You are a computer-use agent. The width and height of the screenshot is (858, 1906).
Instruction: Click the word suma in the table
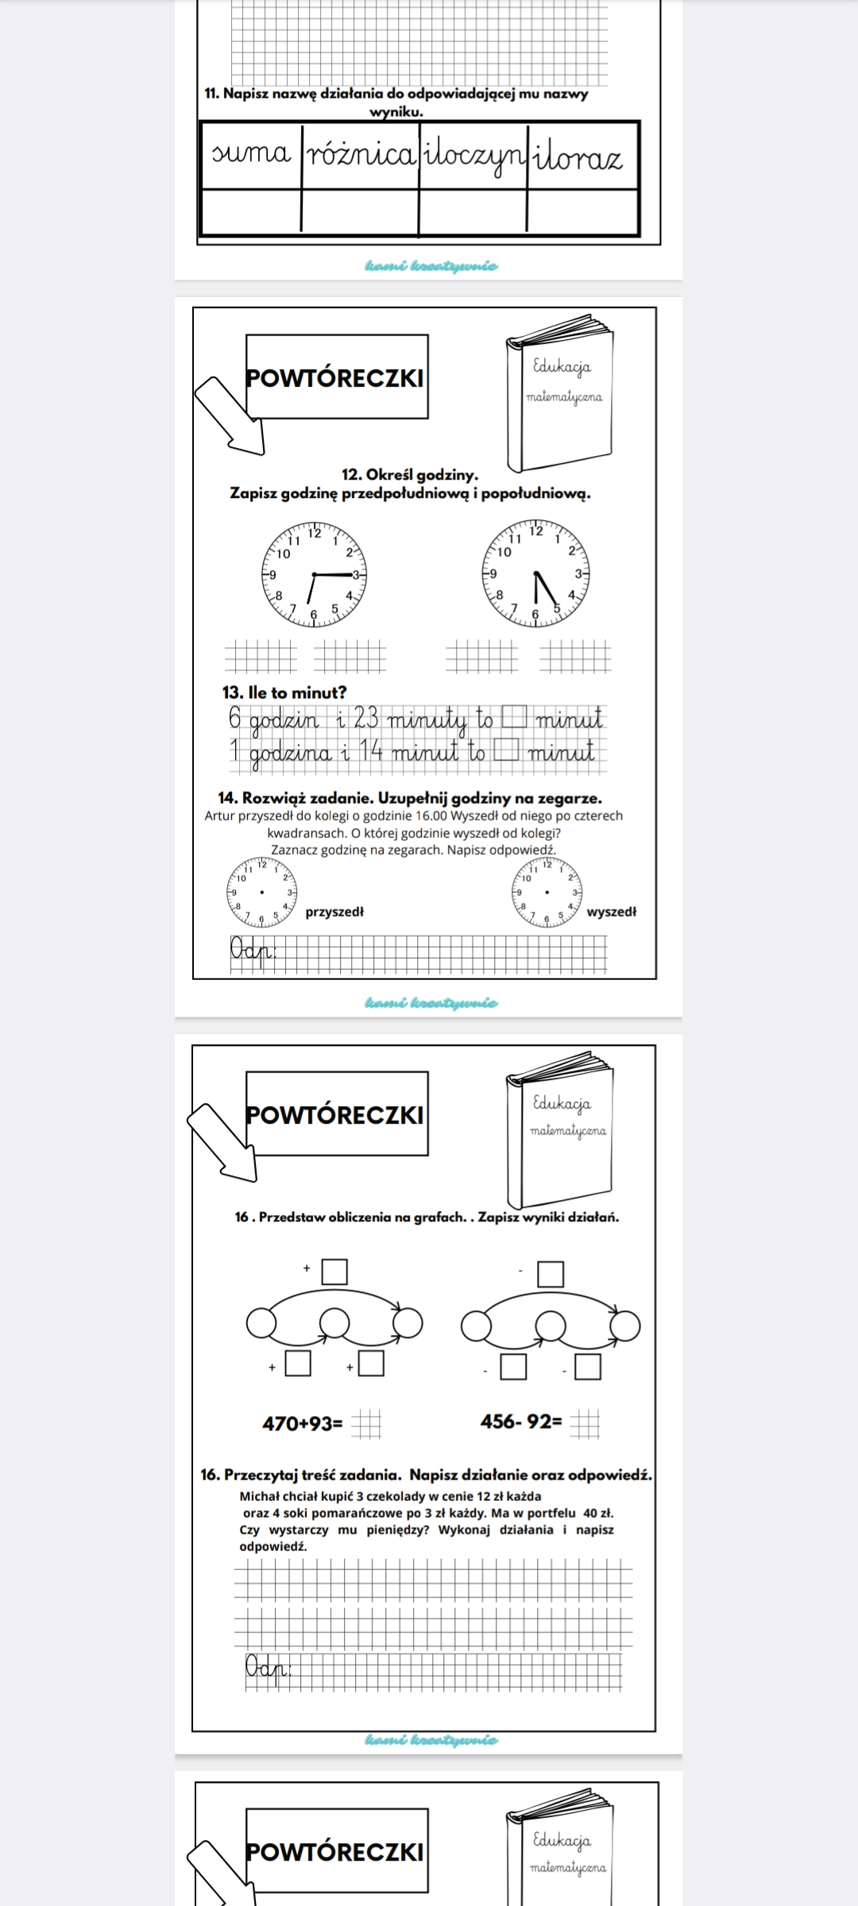251,154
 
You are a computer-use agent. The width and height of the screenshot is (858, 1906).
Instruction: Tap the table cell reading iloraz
582,158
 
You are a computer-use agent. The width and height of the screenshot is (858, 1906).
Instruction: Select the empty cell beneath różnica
359,212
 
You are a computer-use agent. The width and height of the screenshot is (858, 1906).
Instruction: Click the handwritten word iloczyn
473,156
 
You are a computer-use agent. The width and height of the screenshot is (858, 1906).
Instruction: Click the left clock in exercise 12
314,573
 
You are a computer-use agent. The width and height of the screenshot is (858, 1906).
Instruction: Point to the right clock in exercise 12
535,573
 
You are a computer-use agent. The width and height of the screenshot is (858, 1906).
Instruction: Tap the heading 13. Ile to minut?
284,693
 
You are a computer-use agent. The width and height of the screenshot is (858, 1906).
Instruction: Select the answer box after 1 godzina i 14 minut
504,750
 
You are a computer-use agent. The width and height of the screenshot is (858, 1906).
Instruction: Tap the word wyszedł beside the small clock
611,912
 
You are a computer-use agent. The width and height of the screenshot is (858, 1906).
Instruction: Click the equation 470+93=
303,1423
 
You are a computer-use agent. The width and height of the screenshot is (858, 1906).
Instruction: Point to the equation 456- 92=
520,1422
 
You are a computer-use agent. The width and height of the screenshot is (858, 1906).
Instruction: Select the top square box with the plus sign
334,1271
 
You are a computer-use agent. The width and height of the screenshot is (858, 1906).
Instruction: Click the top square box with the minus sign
551,1274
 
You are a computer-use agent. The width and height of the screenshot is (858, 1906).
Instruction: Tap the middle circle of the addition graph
334,1323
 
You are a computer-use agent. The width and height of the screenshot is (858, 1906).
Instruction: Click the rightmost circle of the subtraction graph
624,1325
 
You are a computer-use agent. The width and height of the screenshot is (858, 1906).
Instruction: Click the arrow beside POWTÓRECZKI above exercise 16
223,1140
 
